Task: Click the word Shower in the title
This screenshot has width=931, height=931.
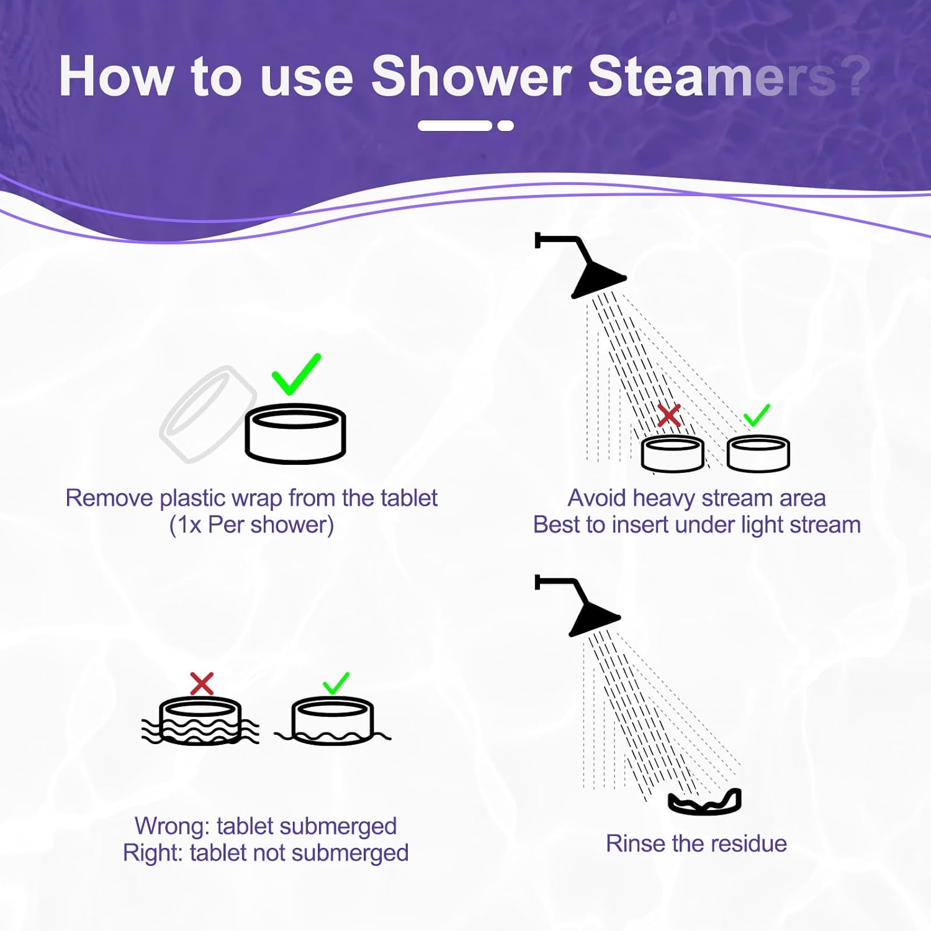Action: (x=470, y=77)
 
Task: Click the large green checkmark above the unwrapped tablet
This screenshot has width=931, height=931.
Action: (x=296, y=374)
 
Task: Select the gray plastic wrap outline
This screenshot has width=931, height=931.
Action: (x=207, y=414)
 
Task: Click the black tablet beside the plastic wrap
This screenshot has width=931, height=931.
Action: (x=295, y=434)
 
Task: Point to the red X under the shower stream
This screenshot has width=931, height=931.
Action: (x=669, y=415)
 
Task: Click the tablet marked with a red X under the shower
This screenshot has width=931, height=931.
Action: (x=672, y=453)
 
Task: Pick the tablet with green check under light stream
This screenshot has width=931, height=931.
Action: (x=758, y=453)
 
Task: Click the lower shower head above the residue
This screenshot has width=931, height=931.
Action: (x=593, y=618)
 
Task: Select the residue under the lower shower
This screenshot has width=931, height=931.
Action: (x=704, y=802)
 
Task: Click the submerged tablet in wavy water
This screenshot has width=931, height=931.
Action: (x=200, y=721)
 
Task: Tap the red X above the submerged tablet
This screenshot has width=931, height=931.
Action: (x=202, y=683)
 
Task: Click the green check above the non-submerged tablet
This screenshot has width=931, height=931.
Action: (x=336, y=683)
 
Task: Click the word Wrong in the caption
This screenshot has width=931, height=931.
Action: (x=171, y=826)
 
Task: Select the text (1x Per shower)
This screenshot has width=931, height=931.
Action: (x=251, y=525)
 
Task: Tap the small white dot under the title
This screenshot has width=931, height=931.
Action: (x=505, y=125)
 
